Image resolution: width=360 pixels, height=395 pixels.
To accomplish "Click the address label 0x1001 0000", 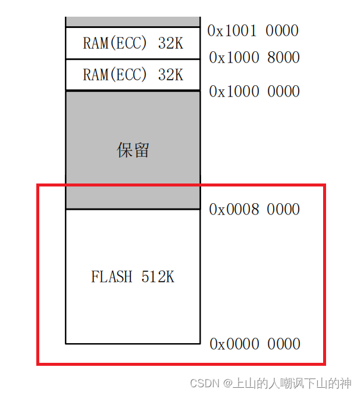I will [253, 30].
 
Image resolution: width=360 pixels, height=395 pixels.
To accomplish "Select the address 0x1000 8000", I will [254, 58].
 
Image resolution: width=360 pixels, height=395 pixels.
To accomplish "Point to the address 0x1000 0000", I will [254, 91].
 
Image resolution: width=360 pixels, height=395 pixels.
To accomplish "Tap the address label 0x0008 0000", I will [254, 209].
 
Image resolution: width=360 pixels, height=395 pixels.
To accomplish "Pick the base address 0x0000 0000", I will [255, 344].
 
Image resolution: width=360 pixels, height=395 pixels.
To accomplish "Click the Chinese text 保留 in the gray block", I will [133, 150].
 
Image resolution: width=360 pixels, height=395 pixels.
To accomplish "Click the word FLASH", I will [112, 277].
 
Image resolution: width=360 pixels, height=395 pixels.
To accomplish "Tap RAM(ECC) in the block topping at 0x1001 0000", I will [111, 43].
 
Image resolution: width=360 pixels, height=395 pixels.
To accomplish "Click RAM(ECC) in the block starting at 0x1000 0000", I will [111, 75].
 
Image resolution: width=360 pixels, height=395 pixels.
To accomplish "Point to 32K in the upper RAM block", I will [170, 43].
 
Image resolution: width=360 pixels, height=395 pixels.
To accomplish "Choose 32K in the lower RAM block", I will [170, 75].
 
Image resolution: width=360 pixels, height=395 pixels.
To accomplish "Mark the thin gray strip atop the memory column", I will [133, 22].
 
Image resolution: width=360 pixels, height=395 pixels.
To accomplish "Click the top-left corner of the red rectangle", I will [38, 185].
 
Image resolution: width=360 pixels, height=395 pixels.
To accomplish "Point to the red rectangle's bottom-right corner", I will [325, 363].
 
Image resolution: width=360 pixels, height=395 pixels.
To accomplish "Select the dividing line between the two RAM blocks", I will [133, 59].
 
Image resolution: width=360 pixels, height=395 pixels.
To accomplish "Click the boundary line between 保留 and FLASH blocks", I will [133, 209].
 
